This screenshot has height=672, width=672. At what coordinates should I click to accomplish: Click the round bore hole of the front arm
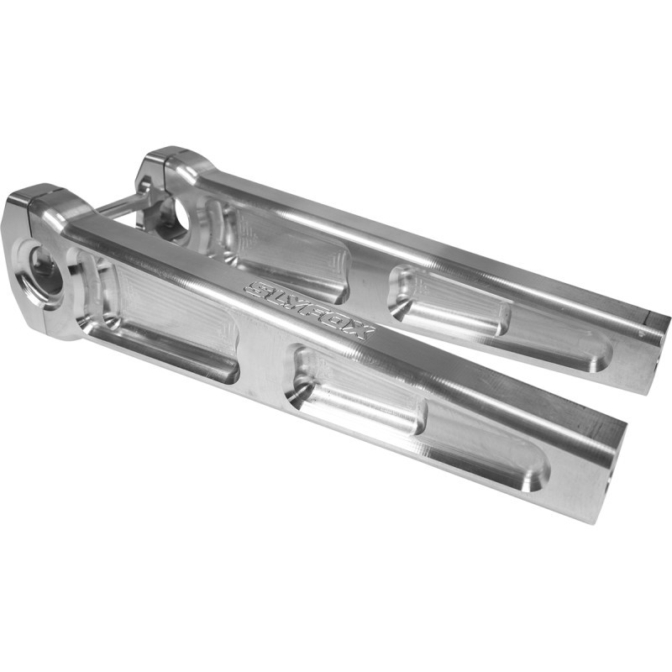tap(42, 273)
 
